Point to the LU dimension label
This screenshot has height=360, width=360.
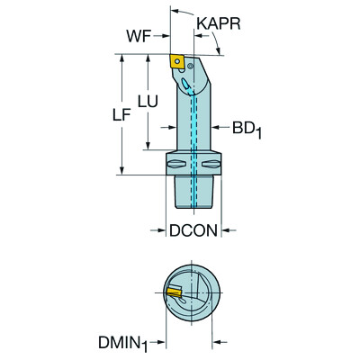[148, 103]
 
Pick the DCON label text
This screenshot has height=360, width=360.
[193, 230]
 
